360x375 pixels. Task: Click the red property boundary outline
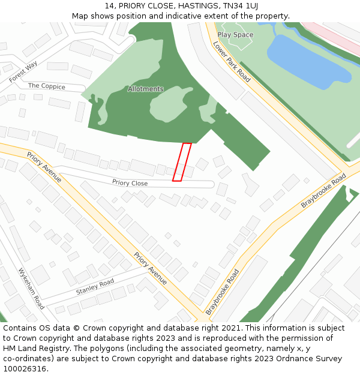(x=182, y=161)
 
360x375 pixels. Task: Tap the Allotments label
(x=145, y=89)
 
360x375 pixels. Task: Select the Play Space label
(x=235, y=35)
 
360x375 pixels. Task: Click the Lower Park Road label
(x=232, y=62)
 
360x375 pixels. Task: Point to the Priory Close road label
(x=130, y=182)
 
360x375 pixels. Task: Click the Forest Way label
(x=23, y=71)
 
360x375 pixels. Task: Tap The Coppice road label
(x=46, y=86)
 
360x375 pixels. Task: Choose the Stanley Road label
(x=95, y=287)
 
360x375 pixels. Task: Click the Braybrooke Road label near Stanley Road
(x=222, y=292)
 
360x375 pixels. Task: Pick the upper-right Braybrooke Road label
(x=323, y=191)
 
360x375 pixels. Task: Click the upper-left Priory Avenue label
(x=44, y=167)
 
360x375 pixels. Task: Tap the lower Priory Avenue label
(x=150, y=268)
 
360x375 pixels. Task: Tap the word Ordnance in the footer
(x=289, y=359)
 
